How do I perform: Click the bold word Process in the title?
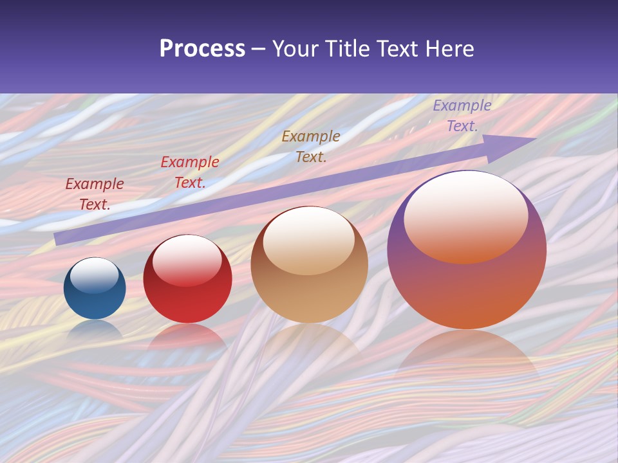coord(202,49)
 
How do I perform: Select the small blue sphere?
coord(95,288)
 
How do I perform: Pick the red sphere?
coord(187,279)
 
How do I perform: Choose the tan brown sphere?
coord(309,264)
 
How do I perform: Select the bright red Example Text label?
coord(190,172)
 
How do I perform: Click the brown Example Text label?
coord(311,146)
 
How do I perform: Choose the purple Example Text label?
coord(462,116)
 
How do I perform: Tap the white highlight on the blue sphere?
coord(95,275)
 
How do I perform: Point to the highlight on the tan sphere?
coord(309,240)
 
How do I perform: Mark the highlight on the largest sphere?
coord(465,216)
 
